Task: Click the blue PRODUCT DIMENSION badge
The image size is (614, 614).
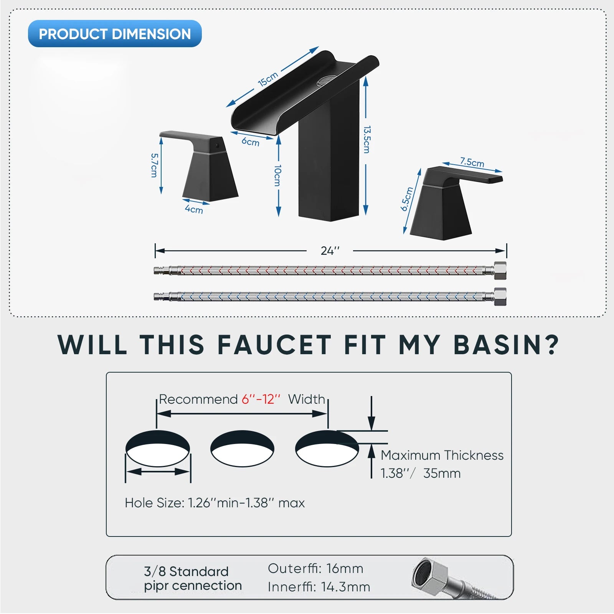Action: [115, 34]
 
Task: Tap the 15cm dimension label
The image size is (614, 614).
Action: [268, 79]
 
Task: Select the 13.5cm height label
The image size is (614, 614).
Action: [367, 140]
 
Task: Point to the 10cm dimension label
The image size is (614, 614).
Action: [278, 176]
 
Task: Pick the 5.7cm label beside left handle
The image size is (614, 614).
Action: [154, 165]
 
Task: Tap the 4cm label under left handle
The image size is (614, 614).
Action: [194, 209]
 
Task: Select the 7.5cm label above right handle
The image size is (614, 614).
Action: [472, 162]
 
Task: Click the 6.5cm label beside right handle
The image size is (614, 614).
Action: [407, 199]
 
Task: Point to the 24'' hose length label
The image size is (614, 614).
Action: [330, 251]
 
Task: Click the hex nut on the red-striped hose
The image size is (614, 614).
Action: [500, 271]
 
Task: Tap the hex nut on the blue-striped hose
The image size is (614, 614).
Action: [500, 297]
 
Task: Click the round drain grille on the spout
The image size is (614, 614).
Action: [327, 80]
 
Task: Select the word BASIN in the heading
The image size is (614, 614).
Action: [507, 345]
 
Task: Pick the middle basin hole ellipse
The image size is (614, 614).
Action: [242, 449]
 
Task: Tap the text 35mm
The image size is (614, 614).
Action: [442, 474]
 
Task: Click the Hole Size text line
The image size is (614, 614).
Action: [215, 503]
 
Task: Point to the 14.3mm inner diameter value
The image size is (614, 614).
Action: [346, 587]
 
